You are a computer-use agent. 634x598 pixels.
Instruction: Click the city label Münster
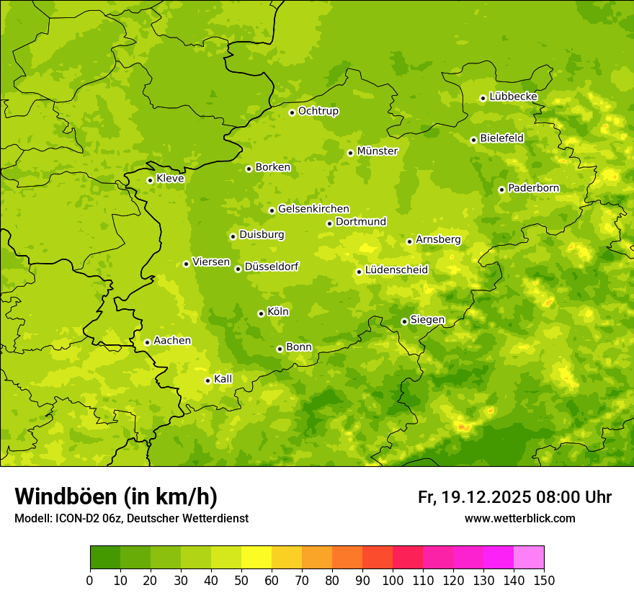pos(378,151)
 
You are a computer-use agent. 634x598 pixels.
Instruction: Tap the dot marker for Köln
pos(261,313)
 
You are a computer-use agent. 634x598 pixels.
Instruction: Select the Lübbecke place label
pos(513,97)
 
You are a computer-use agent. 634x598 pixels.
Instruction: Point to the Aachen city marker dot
pos(147,342)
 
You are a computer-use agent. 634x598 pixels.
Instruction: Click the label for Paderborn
pos(533,188)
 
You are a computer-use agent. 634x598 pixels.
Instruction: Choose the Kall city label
pos(223,379)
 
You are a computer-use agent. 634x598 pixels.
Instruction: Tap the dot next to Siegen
pos(404,321)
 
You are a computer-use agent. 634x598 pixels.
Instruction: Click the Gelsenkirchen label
pos(313,209)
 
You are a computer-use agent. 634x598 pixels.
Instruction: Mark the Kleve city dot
pos(150,180)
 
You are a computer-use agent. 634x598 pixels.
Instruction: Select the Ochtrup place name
pos(318,111)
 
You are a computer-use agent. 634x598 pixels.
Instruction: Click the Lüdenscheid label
pos(396,270)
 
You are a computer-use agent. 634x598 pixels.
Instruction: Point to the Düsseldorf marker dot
pos(238,269)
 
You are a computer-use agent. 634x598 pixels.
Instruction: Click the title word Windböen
pos(66,496)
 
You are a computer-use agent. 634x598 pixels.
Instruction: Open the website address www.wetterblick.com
pos(519,518)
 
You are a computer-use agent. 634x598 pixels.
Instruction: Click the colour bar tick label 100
pos(393,580)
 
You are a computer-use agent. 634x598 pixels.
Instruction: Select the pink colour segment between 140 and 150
pos(529,558)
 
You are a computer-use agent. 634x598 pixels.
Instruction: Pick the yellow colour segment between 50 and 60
pos(256,558)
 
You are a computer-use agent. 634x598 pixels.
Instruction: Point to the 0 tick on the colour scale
pos(90,580)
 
